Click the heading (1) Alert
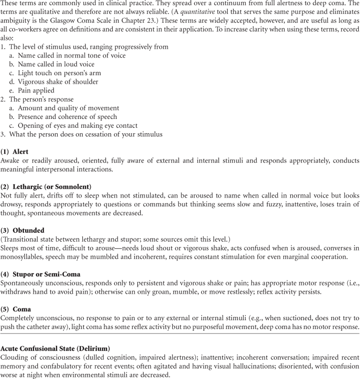click(x=15, y=152)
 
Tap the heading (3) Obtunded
click(x=22, y=230)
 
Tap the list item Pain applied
click(x=36, y=90)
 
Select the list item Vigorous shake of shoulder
click(x=58, y=82)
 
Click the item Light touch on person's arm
click(x=59, y=73)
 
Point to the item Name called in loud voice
click(x=56, y=64)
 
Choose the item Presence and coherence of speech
click(x=67, y=117)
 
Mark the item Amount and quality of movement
click(x=68, y=108)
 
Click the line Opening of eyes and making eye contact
click(x=78, y=126)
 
